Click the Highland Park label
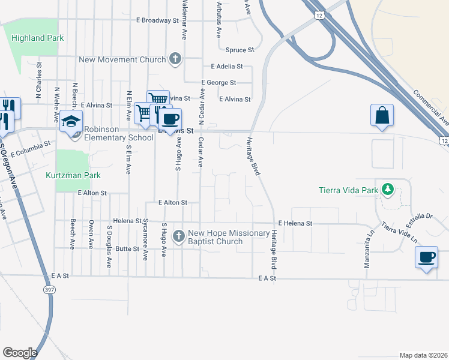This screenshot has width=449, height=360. click(x=37, y=38)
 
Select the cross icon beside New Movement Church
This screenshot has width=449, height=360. click(x=175, y=59)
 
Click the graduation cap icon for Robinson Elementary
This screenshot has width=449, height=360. click(x=71, y=121)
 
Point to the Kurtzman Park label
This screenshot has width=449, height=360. click(x=73, y=176)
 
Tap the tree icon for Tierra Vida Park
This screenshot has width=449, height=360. click(x=388, y=191)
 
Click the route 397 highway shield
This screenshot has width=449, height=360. click(x=47, y=289)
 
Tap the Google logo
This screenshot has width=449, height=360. click(x=20, y=353)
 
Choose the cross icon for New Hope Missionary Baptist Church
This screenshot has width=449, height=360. click(x=178, y=236)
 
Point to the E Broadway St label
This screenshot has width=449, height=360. click(x=157, y=20)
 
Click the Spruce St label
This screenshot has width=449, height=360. click(x=240, y=50)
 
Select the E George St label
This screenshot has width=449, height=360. click(x=218, y=82)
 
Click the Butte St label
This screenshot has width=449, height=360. click(x=127, y=248)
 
